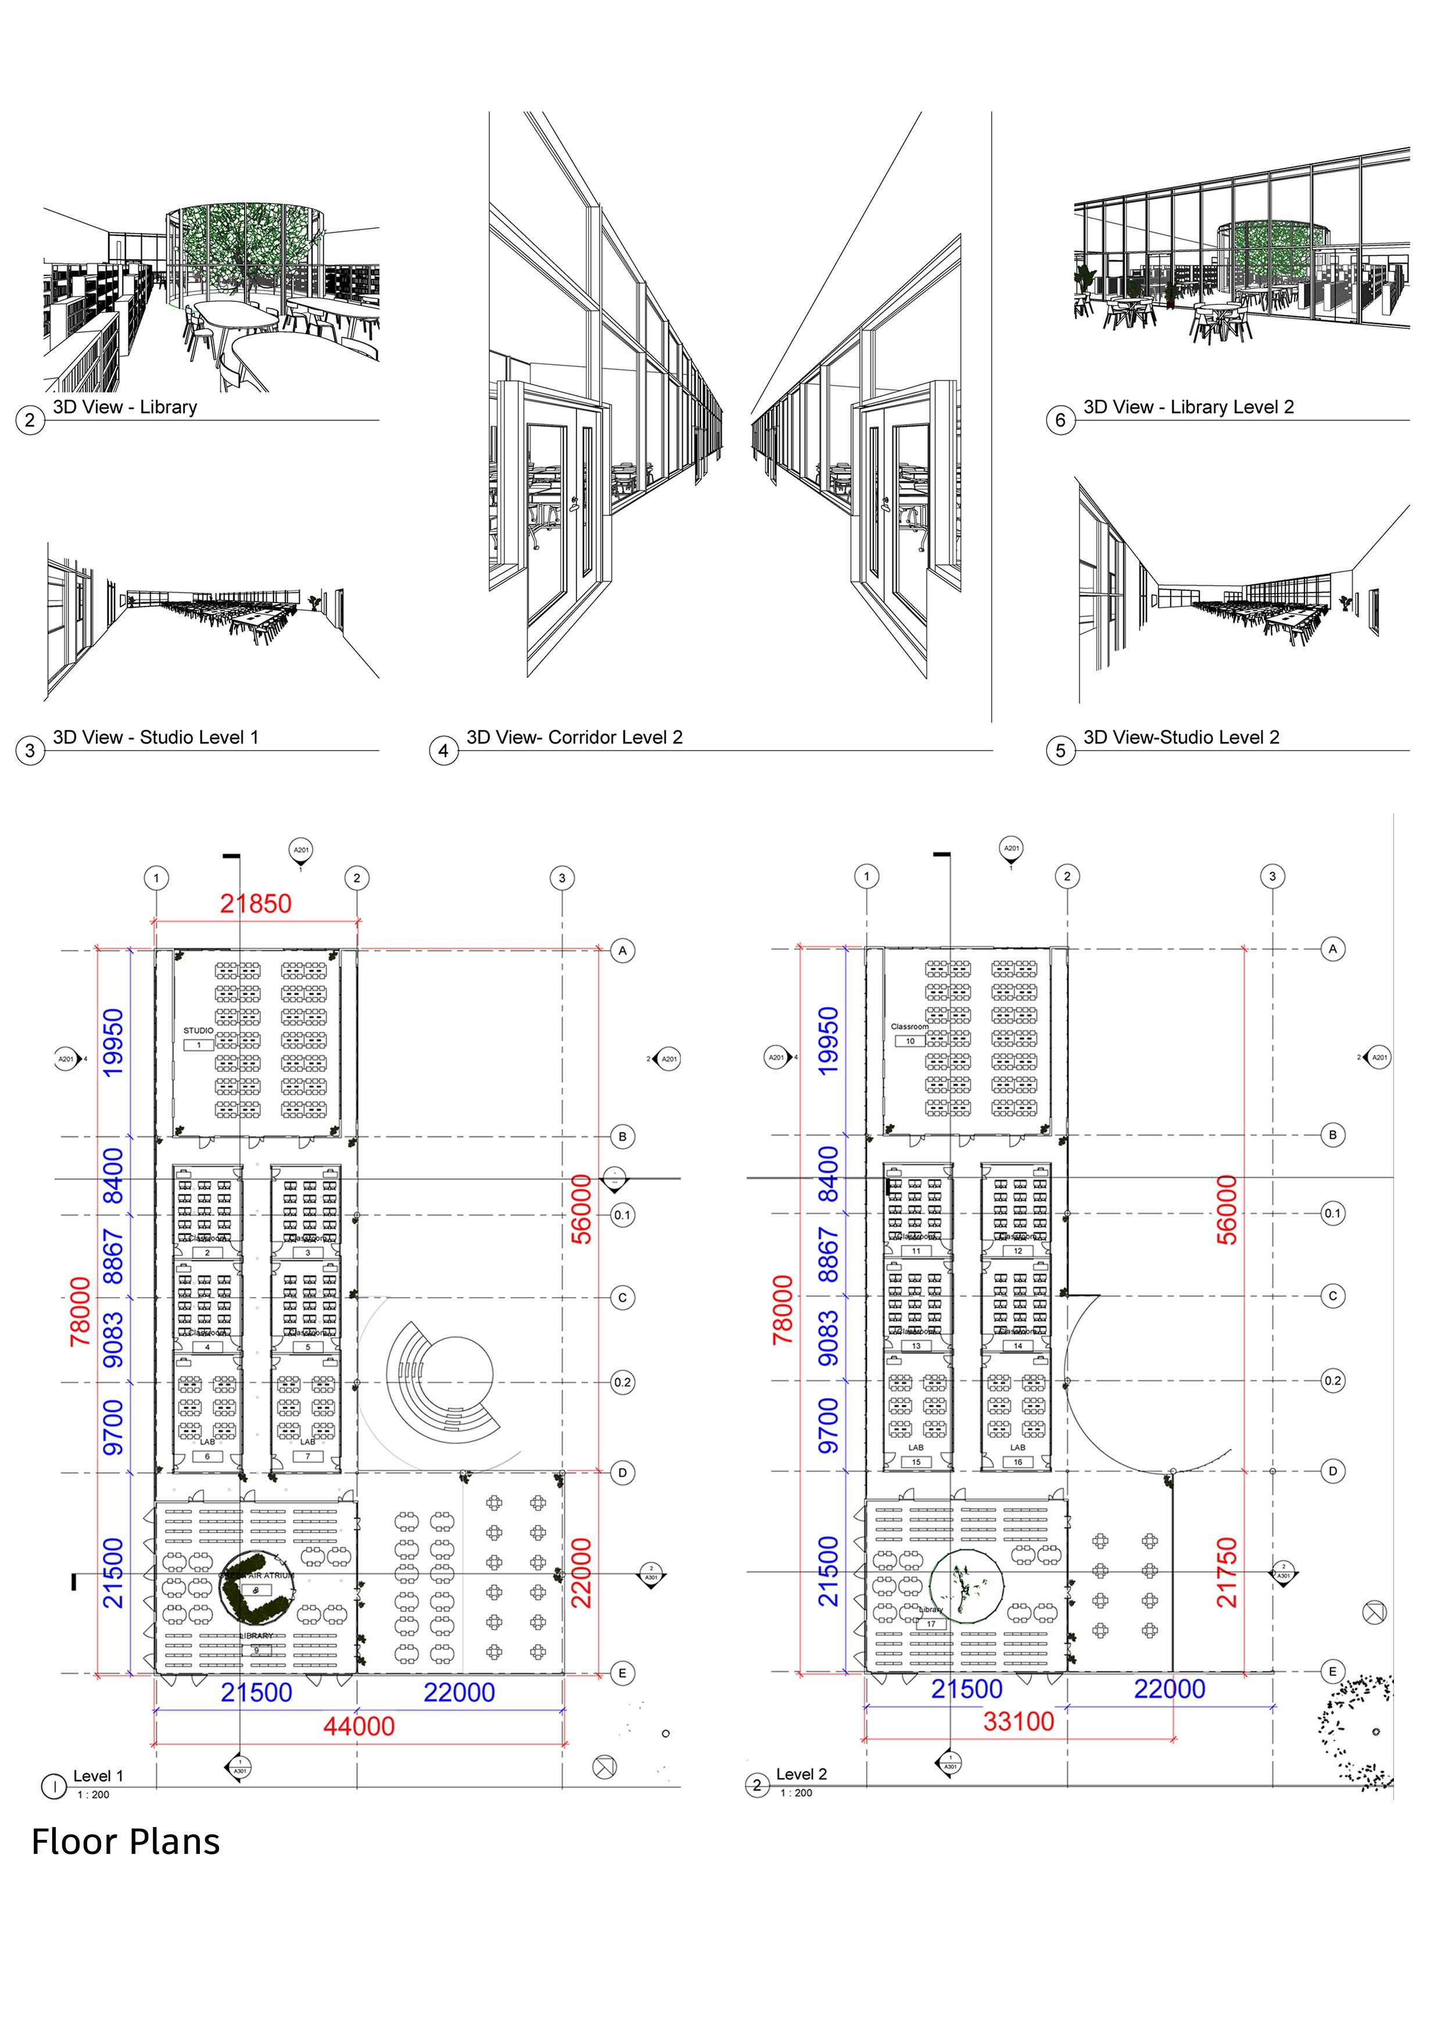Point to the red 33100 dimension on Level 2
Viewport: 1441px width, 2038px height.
1019,1721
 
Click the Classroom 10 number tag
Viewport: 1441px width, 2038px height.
910,1041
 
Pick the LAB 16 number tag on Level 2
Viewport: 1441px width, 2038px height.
1017,1462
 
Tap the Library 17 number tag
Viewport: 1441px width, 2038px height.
931,1624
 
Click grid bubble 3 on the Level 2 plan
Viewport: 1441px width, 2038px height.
1272,876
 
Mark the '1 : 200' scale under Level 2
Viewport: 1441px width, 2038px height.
797,1793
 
